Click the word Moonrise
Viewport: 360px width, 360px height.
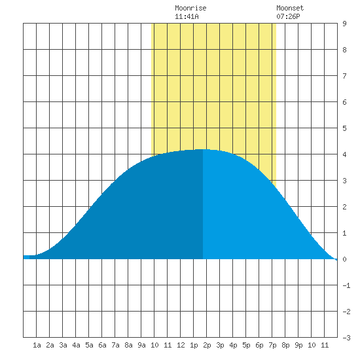point(190,8)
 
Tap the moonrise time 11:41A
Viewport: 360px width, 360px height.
point(187,16)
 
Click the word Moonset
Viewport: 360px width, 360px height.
point(290,8)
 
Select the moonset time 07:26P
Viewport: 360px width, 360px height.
point(288,16)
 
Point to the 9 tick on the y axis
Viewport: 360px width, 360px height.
point(344,24)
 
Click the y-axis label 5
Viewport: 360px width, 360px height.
point(344,128)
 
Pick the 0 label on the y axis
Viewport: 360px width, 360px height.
point(344,259)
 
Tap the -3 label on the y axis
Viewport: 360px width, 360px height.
point(346,338)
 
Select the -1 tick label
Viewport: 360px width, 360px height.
point(346,285)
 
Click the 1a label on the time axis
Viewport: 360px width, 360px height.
point(37,345)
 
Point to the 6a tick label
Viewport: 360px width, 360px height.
point(102,345)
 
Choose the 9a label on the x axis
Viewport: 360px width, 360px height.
point(141,345)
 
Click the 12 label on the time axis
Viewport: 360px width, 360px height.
point(181,345)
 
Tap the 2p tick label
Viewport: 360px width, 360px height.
point(207,345)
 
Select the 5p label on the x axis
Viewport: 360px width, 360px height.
point(246,345)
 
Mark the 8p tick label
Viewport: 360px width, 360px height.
point(285,345)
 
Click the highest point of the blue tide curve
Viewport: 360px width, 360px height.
point(203,149)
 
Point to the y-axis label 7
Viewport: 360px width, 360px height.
point(344,76)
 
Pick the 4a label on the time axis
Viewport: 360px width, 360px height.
point(76,345)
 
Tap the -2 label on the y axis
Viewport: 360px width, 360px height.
point(346,312)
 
